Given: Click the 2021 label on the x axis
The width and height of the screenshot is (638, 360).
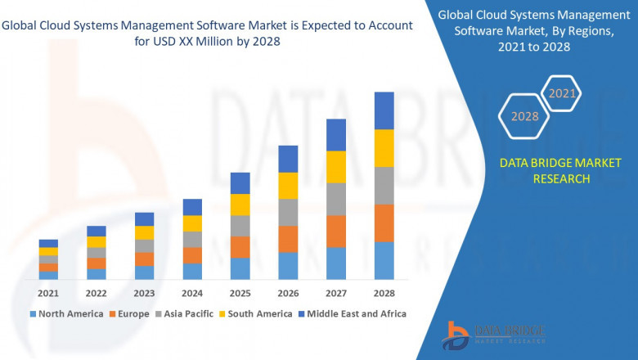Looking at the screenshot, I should pos(48,293).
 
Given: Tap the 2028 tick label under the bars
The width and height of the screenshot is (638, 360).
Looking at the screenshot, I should pos(384,293).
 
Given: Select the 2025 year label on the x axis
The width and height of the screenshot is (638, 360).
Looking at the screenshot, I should pos(240,293).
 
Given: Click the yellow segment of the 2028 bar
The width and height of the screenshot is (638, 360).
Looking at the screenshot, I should pos(384,148).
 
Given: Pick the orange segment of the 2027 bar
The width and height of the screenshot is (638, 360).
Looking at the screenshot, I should pos(336,232).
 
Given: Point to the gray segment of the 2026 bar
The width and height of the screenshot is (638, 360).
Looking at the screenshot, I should pos(288,212).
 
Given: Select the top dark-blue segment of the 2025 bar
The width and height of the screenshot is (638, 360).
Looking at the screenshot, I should pos(240,182).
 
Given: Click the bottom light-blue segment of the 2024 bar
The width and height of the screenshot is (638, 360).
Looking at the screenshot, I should pos(192,272).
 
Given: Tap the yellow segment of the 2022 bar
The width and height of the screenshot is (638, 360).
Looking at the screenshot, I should pos(97,241).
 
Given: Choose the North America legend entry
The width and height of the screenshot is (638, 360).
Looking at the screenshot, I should pos(66,313).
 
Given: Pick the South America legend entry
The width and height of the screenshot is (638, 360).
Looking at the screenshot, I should pos(257,313).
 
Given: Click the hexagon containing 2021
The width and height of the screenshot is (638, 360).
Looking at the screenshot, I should pos(562,93).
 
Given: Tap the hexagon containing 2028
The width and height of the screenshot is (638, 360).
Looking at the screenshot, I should pos(524,116).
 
